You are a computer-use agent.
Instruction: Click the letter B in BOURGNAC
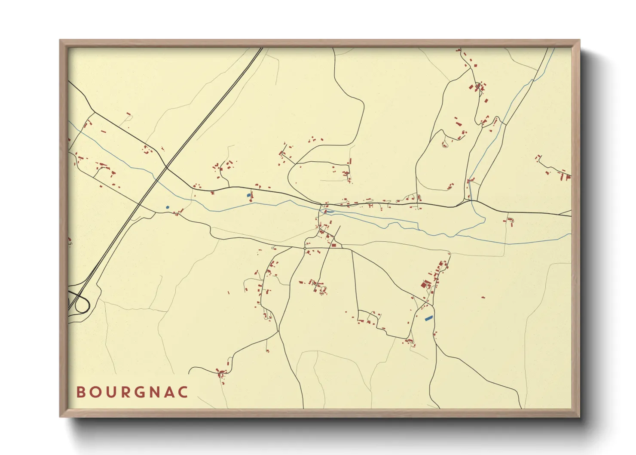point(80,392)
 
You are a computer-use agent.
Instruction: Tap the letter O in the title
point(95,392)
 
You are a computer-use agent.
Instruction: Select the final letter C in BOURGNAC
point(184,392)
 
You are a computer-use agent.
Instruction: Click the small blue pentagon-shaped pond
point(168,207)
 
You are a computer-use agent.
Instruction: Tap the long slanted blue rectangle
point(428,318)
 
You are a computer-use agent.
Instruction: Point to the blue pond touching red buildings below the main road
point(248,195)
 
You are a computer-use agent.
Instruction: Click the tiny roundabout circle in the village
point(305,248)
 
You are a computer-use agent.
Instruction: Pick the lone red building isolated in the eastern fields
point(483,297)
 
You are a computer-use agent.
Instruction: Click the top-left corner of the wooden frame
point(60,40)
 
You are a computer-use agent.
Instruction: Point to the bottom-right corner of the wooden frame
point(579,416)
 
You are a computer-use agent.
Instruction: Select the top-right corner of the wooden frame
point(579,40)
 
